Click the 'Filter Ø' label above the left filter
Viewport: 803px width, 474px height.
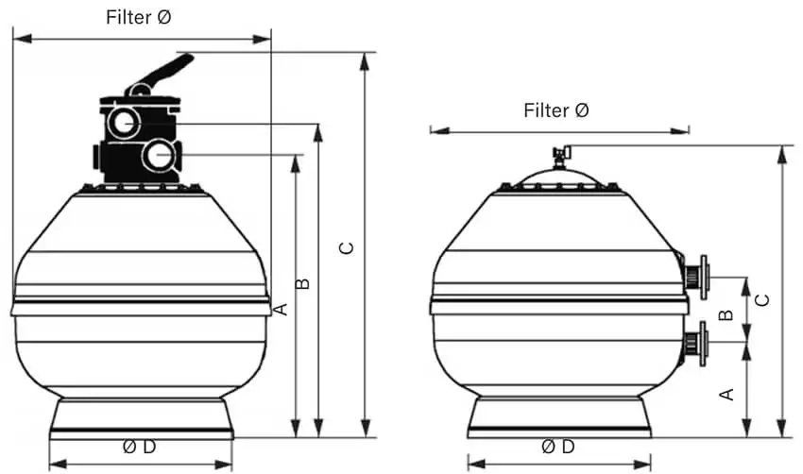coord(138,17)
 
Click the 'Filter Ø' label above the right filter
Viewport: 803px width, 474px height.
coord(556,110)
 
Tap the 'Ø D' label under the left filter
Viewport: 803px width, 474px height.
coord(139,447)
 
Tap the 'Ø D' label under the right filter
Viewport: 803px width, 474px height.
coord(557,447)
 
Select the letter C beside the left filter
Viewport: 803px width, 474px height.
coord(348,248)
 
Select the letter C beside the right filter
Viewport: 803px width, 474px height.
coord(762,300)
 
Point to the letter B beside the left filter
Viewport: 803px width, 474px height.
coord(303,283)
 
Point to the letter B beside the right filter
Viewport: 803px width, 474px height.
coord(726,315)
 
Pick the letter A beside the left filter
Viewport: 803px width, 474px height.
coord(282,309)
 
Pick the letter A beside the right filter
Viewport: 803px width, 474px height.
coord(726,394)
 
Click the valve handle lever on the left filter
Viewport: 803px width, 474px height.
coord(160,75)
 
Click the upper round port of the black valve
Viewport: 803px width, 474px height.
coord(124,123)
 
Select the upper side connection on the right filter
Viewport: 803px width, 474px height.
coord(695,277)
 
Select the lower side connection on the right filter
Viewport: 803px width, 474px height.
coord(695,343)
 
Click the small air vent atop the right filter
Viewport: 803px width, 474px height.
coord(561,155)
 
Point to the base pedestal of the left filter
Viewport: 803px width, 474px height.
coord(142,418)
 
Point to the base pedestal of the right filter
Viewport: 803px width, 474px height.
coord(559,417)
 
